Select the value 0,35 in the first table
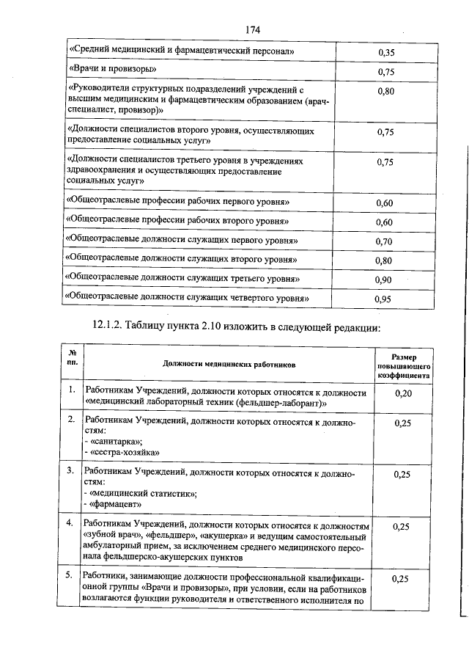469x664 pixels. (386, 52)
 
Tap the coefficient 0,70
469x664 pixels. (385, 241)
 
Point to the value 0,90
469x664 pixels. (385, 280)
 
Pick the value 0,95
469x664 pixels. (385, 299)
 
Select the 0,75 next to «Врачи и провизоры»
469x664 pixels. (386, 72)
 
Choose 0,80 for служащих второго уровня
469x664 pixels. (385, 260)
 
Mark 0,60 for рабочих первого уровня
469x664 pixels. (385, 203)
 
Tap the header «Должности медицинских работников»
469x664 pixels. (230, 365)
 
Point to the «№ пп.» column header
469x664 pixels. (72, 357)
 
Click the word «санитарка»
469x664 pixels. (115, 442)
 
